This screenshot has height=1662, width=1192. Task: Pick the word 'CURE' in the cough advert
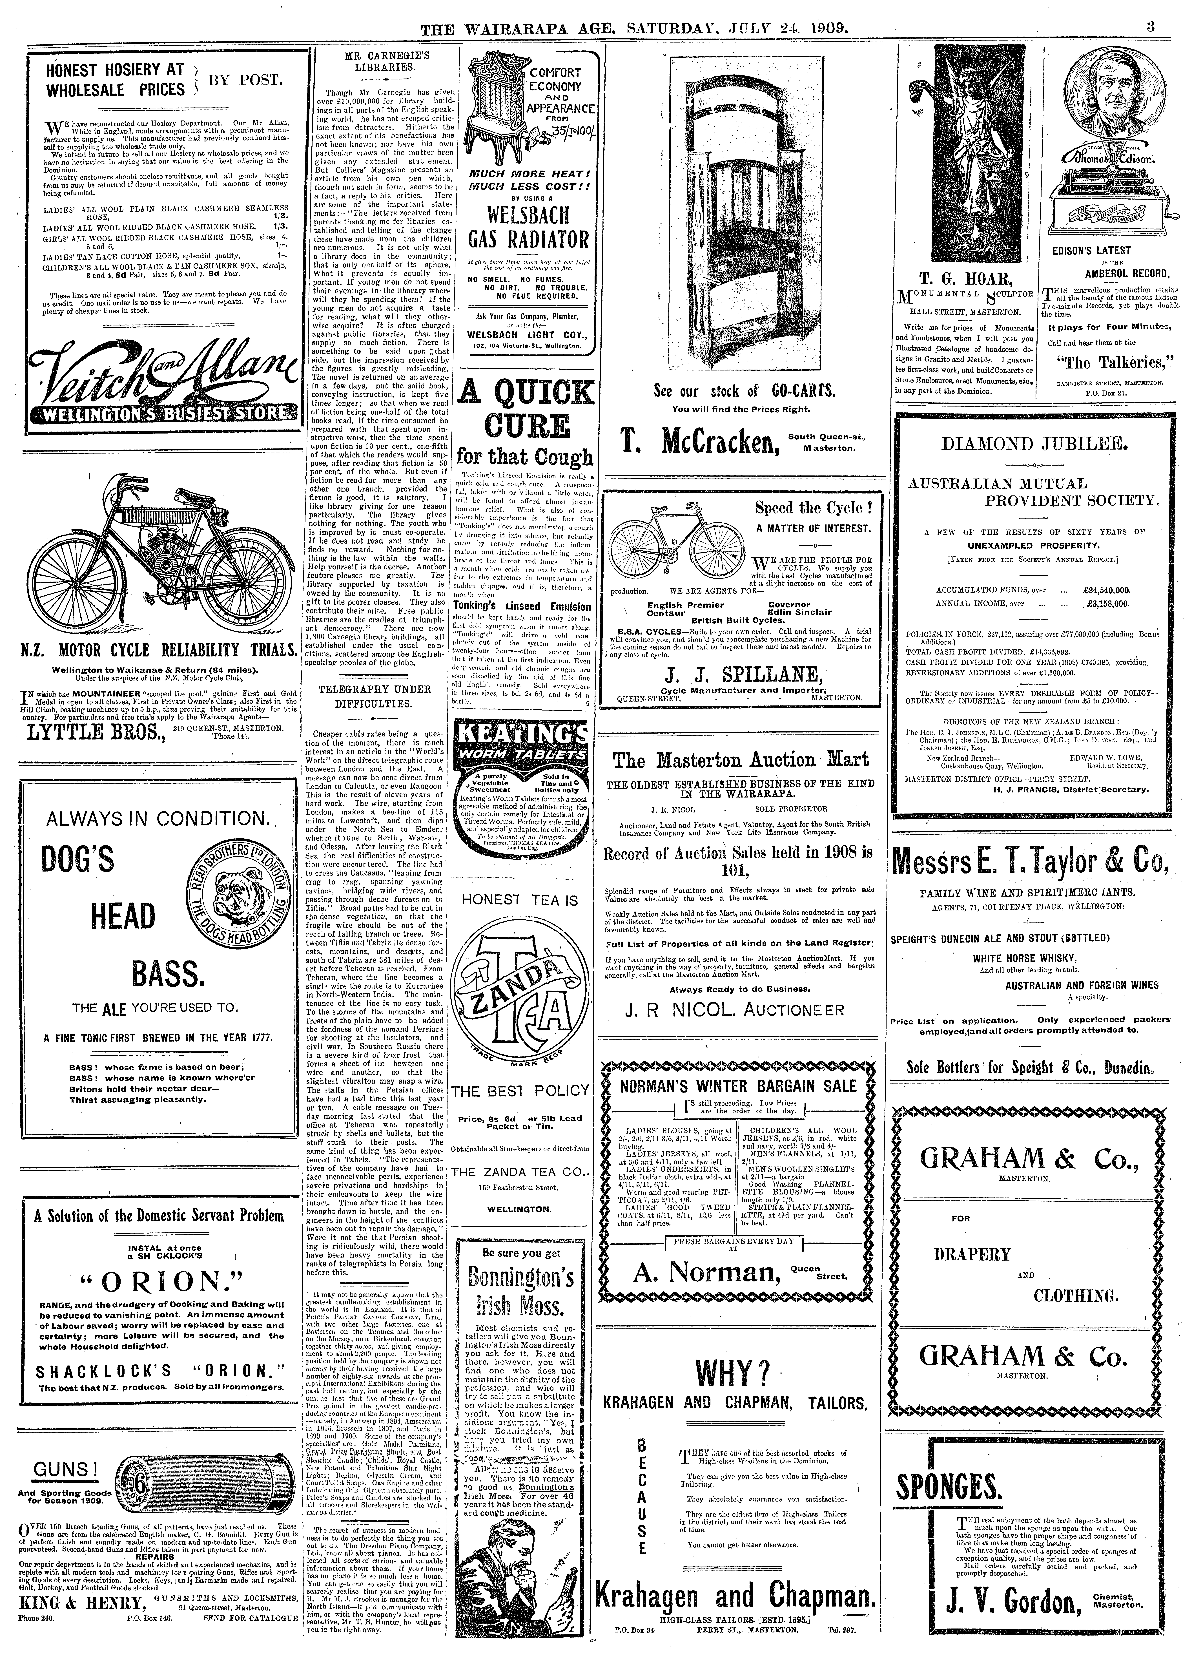(525, 425)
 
